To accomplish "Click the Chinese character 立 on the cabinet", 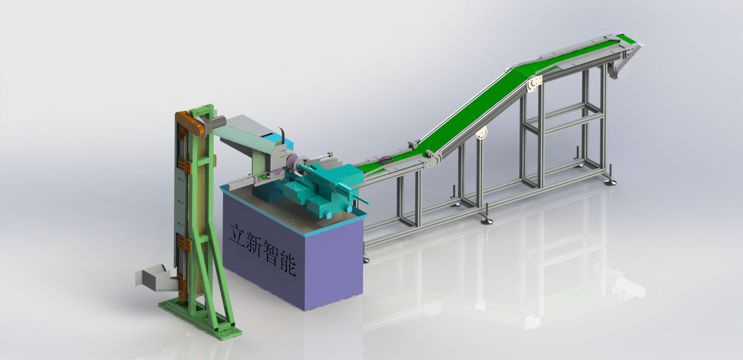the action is pos(238,235).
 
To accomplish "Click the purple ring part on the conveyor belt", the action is pos(387,160).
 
